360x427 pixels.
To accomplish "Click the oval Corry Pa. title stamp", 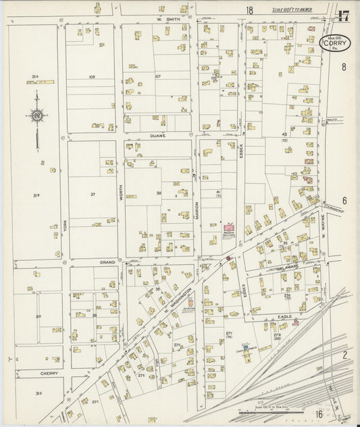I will tap(334, 44).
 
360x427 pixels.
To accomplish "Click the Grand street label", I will tap(108, 261).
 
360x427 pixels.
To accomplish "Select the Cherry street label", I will tap(49, 372).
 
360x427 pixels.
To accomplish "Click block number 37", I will tap(93, 195).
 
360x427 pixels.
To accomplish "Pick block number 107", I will tap(158, 76).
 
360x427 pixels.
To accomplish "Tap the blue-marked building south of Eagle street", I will tap(247, 349).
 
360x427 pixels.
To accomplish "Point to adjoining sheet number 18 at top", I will tap(249, 10).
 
